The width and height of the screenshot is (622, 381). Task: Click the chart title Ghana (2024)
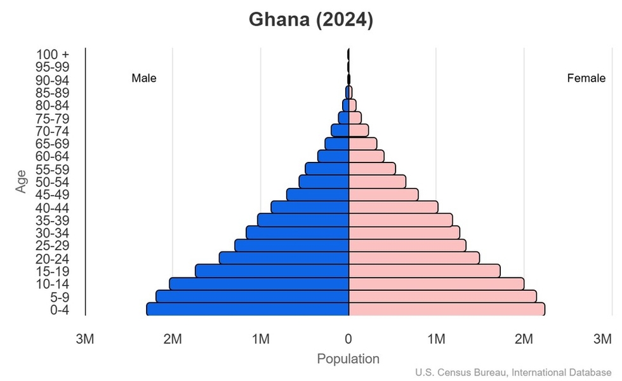point(310,20)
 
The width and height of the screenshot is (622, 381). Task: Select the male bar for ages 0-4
point(248,309)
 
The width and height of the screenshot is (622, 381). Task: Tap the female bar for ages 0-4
point(446,309)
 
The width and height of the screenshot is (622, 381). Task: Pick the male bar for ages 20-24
point(284,258)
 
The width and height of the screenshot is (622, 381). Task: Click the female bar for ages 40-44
point(393,207)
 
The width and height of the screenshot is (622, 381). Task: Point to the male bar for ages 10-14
point(259,284)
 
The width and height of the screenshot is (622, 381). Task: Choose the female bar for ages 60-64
point(366,156)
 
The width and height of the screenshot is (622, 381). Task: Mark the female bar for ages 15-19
point(424,271)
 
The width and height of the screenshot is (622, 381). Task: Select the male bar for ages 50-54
point(324,182)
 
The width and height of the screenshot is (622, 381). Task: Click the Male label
point(143,79)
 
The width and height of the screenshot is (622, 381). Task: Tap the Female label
point(586,79)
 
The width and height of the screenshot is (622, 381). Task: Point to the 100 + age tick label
point(52,55)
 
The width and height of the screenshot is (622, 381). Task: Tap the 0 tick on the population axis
point(348,339)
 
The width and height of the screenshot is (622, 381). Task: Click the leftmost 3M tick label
point(85,339)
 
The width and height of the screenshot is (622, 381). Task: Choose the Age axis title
point(22,182)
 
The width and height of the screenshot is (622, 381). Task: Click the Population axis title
point(348,359)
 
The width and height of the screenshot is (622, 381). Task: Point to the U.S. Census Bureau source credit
point(513,373)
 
